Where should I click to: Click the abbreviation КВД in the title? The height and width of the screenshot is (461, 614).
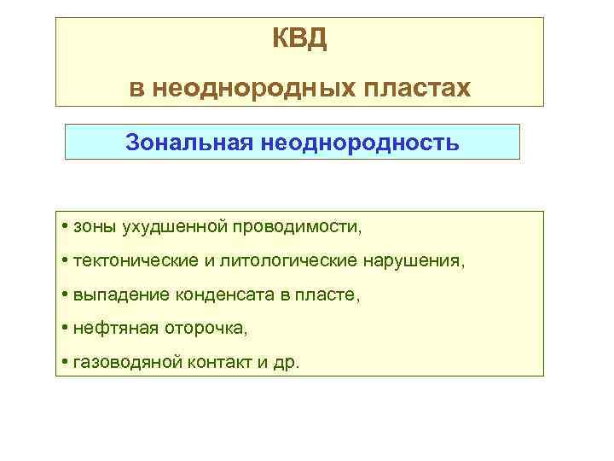pos(299,39)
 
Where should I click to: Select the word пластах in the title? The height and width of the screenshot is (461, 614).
pos(422,87)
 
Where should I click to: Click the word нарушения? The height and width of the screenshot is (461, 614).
pos(414,260)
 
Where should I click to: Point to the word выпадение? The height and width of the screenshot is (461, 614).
pos(121,295)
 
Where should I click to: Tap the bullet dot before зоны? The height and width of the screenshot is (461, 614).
pos(66,228)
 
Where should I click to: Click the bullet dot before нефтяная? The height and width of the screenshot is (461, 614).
pos(66,328)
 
